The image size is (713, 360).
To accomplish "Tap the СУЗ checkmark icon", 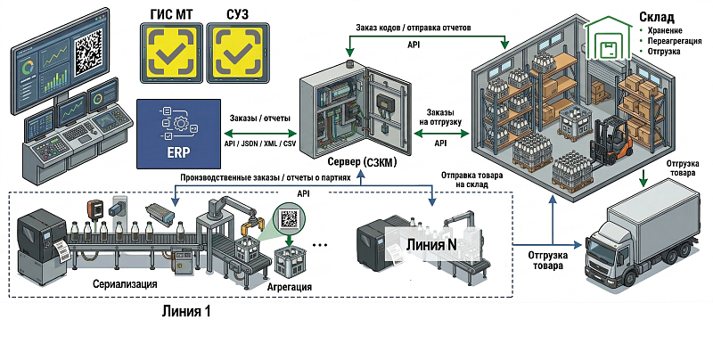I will click(x=235, y=52).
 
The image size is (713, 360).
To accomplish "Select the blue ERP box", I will click(x=179, y=134).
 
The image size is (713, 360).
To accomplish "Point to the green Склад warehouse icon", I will click(x=609, y=41).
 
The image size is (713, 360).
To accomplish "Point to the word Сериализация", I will click(x=125, y=284).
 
